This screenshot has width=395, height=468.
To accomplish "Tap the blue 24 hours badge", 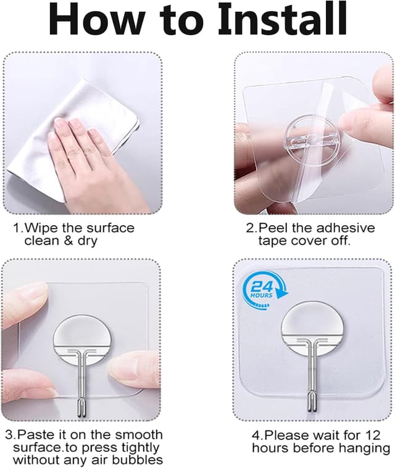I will tap(261, 289).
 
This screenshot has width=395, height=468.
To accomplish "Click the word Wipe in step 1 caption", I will tap(41, 228).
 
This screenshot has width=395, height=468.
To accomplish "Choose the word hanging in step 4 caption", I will tap(362, 448).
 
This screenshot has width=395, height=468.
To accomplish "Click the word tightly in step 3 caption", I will tap(138, 448).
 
